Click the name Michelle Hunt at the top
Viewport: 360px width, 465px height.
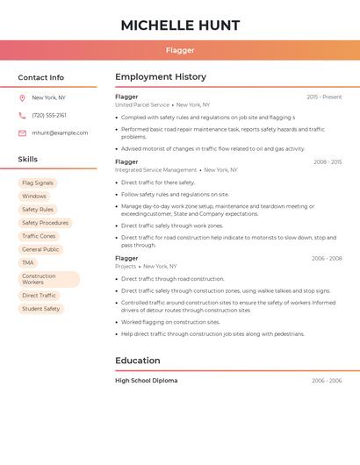(180, 25)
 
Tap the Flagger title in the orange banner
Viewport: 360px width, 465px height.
(180, 51)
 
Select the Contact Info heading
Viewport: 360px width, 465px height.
(41, 77)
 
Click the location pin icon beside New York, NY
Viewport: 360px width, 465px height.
(22, 97)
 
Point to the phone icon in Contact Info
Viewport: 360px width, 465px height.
(22, 115)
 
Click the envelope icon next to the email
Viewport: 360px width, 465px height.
(22, 133)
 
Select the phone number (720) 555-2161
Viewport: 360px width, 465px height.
(49, 115)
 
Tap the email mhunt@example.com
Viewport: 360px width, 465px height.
(60, 133)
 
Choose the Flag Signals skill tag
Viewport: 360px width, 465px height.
(38, 183)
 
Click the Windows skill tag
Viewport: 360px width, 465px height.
(34, 197)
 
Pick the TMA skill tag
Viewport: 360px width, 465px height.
(28, 262)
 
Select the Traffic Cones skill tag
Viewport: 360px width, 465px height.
(39, 236)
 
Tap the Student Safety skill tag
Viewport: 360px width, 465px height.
(41, 309)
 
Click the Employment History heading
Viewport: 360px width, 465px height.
(161, 77)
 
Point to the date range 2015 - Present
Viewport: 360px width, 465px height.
(324, 97)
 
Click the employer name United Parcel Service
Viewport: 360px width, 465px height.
(142, 104)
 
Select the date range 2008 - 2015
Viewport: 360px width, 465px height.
(328, 161)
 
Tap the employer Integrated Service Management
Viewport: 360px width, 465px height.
(156, 170)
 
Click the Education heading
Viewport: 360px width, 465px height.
(138, 361)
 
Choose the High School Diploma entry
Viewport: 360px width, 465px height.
(146, 381)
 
